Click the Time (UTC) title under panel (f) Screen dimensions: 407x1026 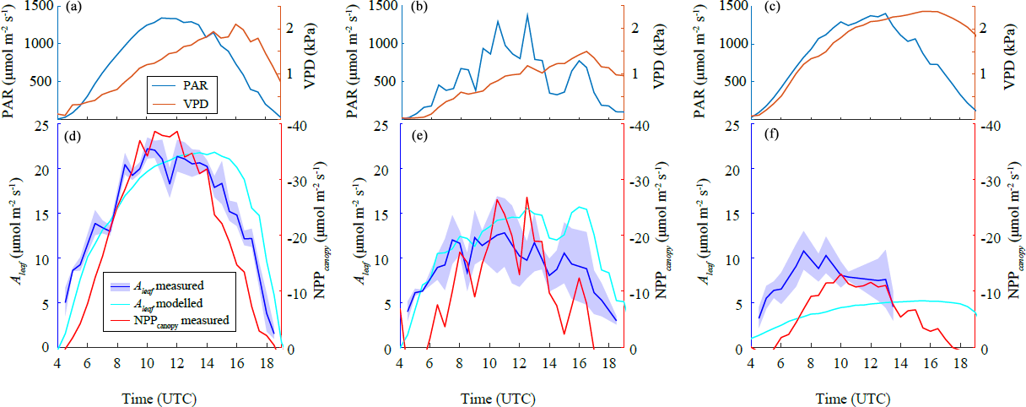862,396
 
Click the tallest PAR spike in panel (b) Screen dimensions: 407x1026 527,14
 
